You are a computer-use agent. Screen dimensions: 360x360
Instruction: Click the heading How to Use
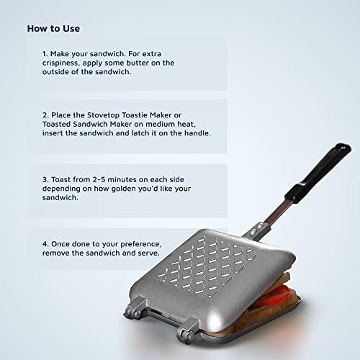(54, 29)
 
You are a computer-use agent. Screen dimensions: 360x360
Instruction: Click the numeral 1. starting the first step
(45, 53)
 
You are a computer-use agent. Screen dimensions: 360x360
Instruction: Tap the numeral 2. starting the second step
(45, 112)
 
